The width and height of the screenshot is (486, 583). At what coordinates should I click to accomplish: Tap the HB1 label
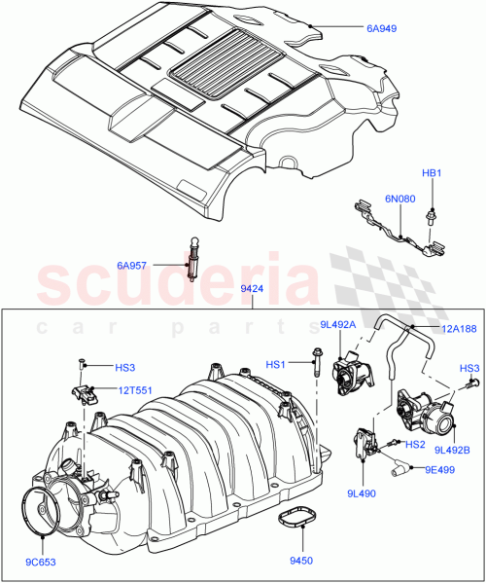(x=431, y=173)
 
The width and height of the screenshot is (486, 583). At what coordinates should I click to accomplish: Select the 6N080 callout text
(x=399, y=199)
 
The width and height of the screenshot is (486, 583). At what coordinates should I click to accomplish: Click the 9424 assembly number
(x=252, y=288)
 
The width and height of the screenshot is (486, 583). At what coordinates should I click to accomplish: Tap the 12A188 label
(x=457, y=330)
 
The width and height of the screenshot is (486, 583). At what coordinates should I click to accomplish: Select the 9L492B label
(x=452, y=449)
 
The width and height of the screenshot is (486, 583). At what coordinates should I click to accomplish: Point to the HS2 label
(x=415, y=445)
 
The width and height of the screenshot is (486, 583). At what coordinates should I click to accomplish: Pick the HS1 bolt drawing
(x=317, y=362)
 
